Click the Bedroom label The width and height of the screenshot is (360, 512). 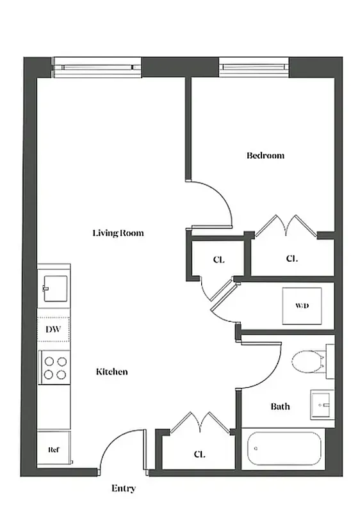point(265,156)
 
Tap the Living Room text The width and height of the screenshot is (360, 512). point(118,233)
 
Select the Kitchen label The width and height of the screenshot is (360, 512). point(111,372)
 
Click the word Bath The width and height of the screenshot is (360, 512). point(280,406)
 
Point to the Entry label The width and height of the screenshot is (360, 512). point(124,488)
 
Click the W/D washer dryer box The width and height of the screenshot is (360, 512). point(302,306)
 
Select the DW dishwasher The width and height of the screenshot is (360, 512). point(53,330)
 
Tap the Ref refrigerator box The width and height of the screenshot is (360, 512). point(53,450)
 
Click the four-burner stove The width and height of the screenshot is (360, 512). point(54,367)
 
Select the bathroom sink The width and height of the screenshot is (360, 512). point(322,404)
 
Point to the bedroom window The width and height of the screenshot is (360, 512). point(254,66)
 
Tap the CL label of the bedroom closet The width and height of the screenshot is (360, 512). point(291,259)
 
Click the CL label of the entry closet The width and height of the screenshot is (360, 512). point(199,454)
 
